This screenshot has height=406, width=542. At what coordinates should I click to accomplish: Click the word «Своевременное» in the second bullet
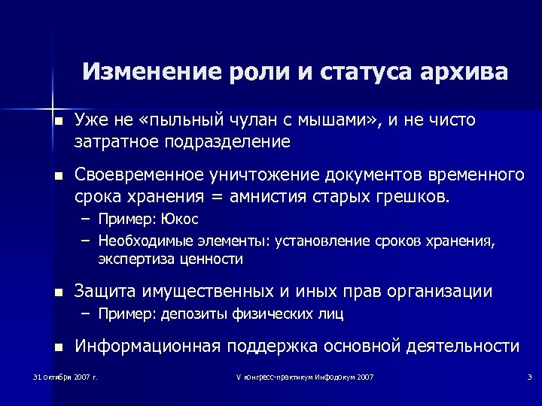[139, 175]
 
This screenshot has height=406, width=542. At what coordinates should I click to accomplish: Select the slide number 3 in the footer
[529, 376]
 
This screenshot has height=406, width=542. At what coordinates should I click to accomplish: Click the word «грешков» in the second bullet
[413, 197]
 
